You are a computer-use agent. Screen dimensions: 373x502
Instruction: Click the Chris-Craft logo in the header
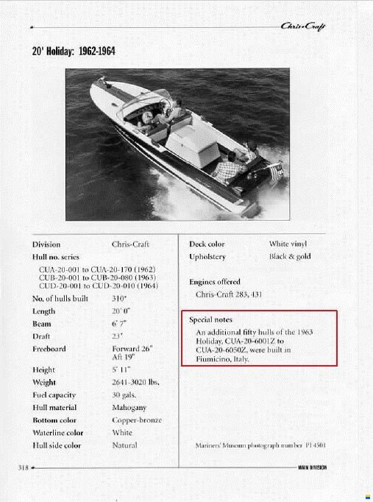[304, 27]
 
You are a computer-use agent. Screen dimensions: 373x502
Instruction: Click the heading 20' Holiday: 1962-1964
[74, 52]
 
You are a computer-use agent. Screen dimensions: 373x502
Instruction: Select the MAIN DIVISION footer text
[313, 467]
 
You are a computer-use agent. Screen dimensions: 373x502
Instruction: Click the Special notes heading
[210, 320]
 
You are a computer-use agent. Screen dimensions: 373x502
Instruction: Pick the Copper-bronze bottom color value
[137, 420]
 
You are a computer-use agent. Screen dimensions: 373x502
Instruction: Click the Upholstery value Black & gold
[290, 256]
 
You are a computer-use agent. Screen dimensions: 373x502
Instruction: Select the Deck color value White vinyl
[288, 244]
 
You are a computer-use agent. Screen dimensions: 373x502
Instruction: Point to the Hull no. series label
[56, 257]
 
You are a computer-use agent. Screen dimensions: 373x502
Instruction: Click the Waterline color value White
[122, 433]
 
